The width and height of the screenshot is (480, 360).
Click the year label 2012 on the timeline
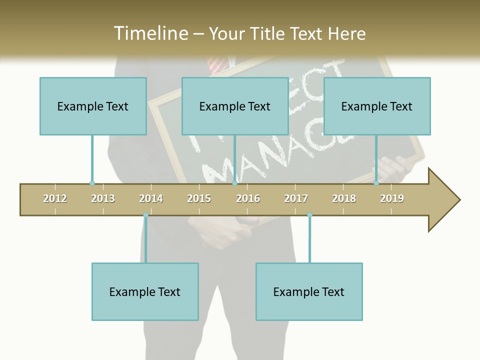click(x=55, y=198)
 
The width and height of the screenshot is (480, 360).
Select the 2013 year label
click(x=103, y=198)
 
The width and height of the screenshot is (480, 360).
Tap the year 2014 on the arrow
click(x=151, y=198)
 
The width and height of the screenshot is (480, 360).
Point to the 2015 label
click(x=199, y=198)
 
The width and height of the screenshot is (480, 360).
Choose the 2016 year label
click(x=248, y=198)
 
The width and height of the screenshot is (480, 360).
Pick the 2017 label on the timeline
click(x=296, y=198)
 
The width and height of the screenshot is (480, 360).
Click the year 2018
click(x=344, y=198)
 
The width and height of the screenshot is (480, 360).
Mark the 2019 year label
click(x=392, y=198)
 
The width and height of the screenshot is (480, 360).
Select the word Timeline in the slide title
click(x=150, y=33)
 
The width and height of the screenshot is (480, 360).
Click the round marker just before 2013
click(x=92, y=183)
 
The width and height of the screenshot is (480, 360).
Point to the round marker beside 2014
click(x=145, y=215)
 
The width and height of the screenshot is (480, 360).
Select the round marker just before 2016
click(x=234, y=183)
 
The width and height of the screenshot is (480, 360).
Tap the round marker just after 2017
click(x=309, y=215)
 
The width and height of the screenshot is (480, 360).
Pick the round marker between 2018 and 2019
click(x=376, y=183)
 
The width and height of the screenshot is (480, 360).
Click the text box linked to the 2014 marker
click(x=145, y=291)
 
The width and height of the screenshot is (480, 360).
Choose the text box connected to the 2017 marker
click(x=309, y=291)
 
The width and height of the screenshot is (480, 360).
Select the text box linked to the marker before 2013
click(x=93, y=106)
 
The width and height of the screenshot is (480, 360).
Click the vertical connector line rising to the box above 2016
click(x=234, y=159)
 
